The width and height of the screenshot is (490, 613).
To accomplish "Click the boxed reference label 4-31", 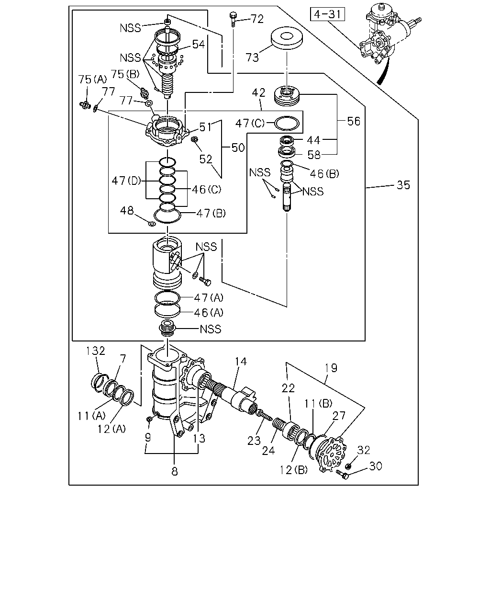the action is [x=327, y=14].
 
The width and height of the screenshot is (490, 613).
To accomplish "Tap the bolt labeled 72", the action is [x=233, y=19].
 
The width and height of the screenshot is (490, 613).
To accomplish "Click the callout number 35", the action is [x=403, y=185].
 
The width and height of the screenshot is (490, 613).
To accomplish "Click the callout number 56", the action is [x=354, y=121].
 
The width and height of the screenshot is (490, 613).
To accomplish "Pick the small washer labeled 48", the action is [x=152, y=224].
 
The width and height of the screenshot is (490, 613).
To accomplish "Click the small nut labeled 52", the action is [x=194, y=139].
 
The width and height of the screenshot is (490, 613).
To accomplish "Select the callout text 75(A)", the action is [x=92, y=79].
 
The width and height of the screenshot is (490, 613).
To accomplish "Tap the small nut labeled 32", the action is [x=347, y=466].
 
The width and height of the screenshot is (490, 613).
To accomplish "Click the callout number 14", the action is [x=241, y=362].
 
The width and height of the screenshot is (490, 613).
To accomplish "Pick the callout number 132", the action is [x=96, y=351].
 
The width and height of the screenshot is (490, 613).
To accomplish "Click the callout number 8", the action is [x=175, y=471].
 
